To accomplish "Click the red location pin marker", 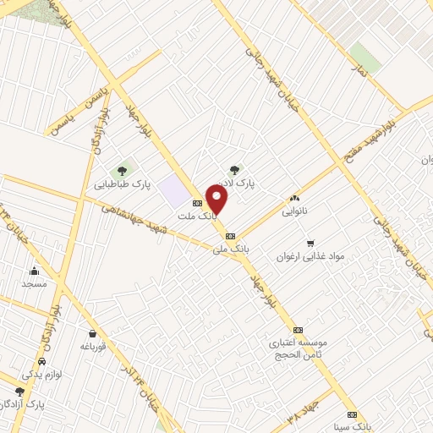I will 217,200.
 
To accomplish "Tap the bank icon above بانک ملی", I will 231,237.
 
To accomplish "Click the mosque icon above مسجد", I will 34,271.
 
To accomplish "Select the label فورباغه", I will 91,346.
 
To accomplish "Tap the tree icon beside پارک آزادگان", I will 19,391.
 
